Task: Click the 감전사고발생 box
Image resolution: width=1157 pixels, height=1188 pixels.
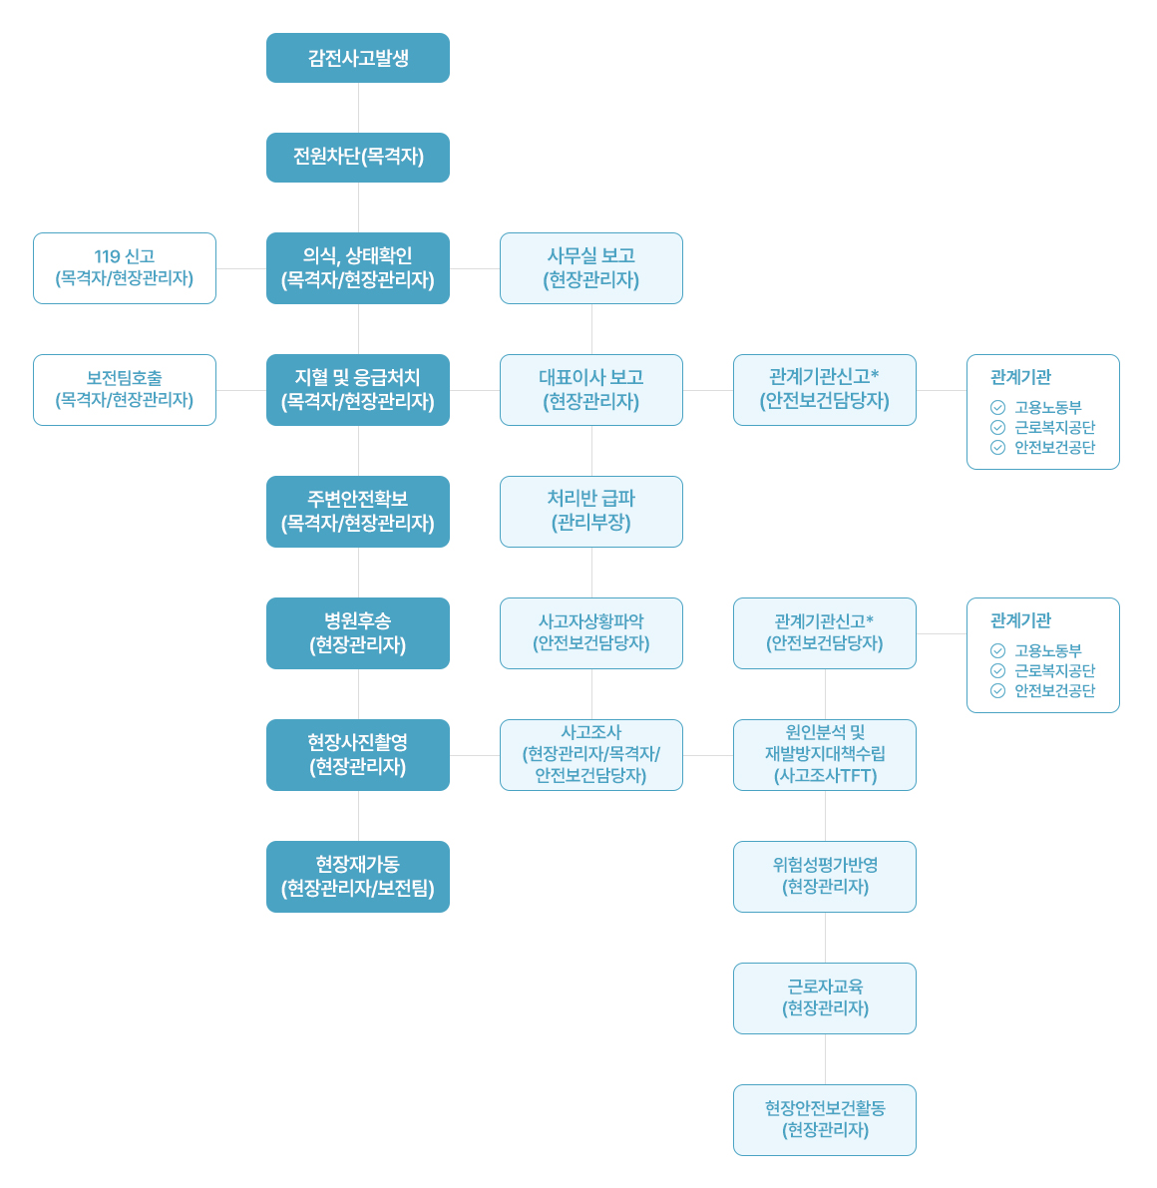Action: coord(358,58)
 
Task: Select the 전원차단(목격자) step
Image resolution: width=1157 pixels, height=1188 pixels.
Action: coord(358,158)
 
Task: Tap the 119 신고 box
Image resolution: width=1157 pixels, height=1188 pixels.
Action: coord(125,268)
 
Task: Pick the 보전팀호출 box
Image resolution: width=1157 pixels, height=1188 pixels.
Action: coord(125,390)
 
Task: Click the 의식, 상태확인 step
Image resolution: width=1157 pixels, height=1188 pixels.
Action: coord(358,268)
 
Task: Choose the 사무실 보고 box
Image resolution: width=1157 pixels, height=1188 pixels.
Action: coord(591,268)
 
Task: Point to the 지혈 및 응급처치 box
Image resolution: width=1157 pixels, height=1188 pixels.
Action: coord(358,390)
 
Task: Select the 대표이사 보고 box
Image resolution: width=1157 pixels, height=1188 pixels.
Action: coord(591,390)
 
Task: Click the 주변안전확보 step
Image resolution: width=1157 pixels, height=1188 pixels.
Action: coord(358,512)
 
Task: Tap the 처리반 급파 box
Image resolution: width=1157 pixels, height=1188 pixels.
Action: coord(591,512)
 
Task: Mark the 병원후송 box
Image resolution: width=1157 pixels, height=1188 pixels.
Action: coord(358,633)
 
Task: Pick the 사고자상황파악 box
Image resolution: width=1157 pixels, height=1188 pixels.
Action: coord(591,633)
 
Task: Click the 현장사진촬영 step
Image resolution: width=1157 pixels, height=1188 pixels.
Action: coord(358,755)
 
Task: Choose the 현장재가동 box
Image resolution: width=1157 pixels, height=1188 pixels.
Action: coord(358,877)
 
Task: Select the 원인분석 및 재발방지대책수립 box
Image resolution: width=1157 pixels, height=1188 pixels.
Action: coord(825,755)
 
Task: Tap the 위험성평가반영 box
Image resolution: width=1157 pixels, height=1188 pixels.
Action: coord(825,877)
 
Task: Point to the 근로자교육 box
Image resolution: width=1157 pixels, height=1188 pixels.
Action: coord(825,998)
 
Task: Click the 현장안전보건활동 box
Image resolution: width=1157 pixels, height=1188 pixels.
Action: coord(825,1120)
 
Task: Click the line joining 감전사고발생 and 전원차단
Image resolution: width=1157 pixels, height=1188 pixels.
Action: coord(358,108)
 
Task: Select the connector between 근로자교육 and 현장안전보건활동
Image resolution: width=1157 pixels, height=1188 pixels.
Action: coord(825,1059)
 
